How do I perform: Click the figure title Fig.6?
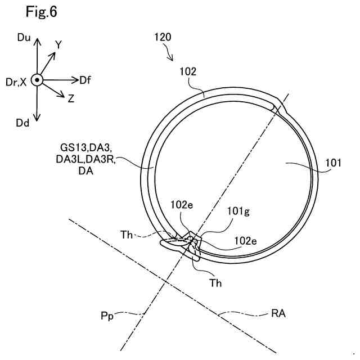pyautogui.click(x=41, y=11)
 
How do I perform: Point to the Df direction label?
pyautogui.click(x=85, y=80)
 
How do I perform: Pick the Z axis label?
pyautogui.click(x=71, y=99)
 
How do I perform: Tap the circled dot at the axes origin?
pyautogui.click(x=37, y=80)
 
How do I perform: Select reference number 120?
pyautogui.click(x=163, y=38)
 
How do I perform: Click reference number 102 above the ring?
pyautogui.click(x=187, y=71)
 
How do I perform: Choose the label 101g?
pyautogui.click(x=237, y=212)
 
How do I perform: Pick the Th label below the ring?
pyautogui.click(x=215, y=283)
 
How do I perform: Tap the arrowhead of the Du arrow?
pyautogui.click(x=37, y=41)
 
